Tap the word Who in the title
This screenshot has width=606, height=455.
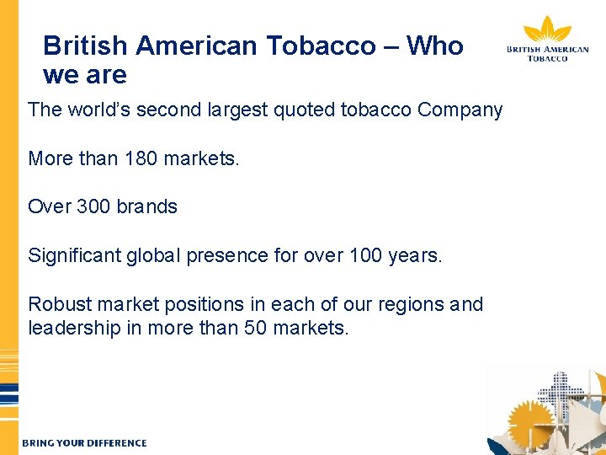tap(434, 45)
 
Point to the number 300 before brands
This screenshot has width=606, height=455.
tap(93, 206)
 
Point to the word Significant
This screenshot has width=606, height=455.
tap(74, 255)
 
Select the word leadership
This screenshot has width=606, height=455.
tap(74, 328)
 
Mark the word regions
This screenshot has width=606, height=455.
tap(401, 304)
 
